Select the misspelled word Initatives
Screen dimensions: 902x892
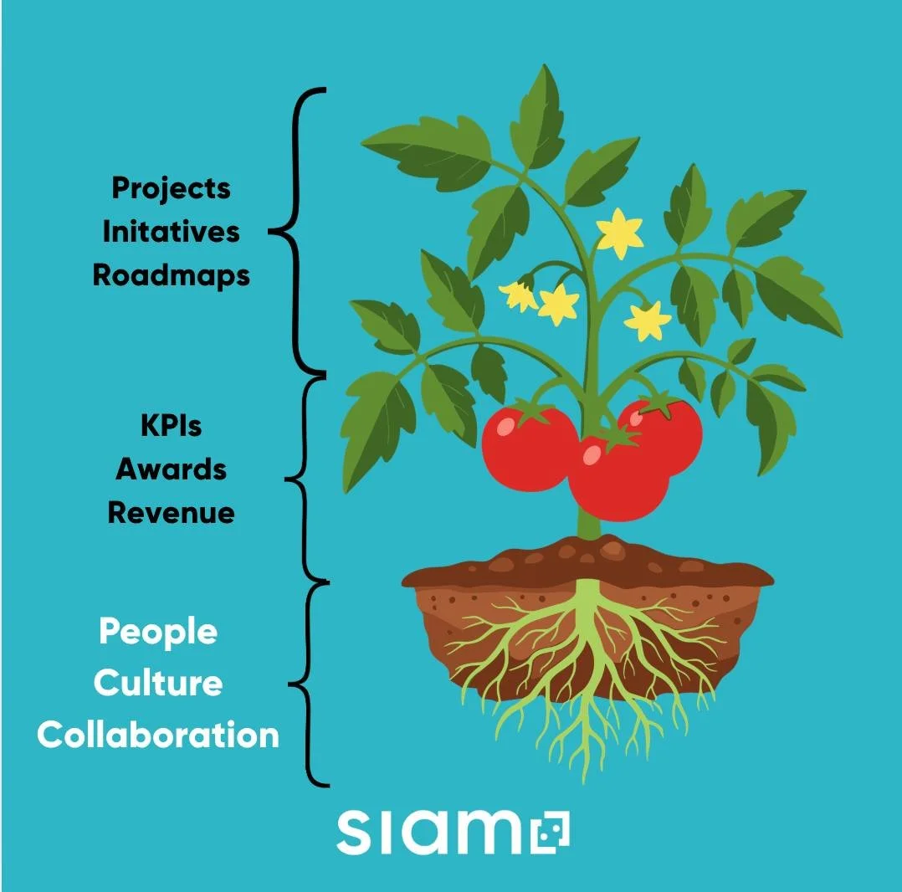coord(171,232)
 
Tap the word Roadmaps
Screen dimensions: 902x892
coord(171,275)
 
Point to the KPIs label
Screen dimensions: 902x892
coord(171,425)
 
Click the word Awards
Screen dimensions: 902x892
coord(171,469)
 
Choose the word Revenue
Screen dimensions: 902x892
coord(171,512)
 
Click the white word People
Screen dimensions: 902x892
coord(158,633)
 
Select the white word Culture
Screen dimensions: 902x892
coord(158,684)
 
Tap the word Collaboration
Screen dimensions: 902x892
coord(158,736)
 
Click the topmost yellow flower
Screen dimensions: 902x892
coord(619,233)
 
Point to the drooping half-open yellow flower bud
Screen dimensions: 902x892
coord(519,295)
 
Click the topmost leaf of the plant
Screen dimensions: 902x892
coord(536,117)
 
